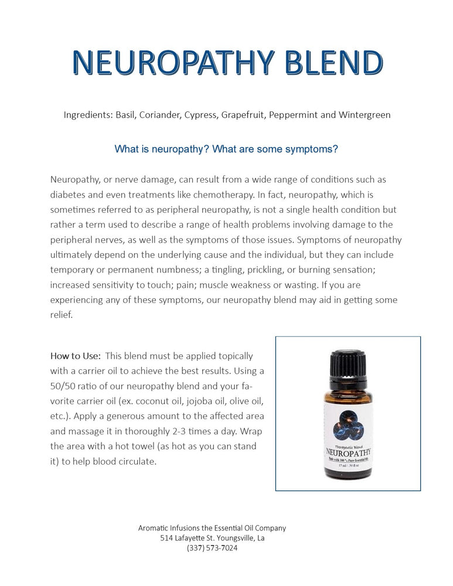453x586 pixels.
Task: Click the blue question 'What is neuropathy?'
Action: click(162, 149)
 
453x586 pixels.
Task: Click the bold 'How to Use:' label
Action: click(76, 356)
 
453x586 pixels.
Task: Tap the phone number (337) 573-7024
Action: click(212, 548)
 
